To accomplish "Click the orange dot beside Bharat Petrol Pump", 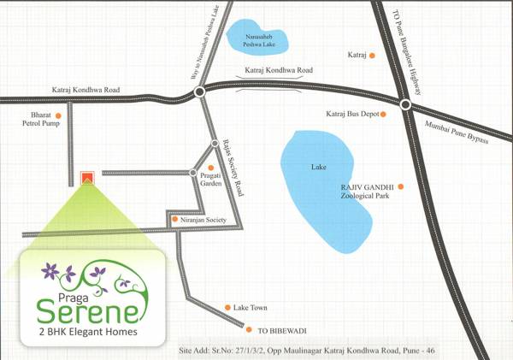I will click(58, 115).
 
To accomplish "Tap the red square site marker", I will click(86, 178).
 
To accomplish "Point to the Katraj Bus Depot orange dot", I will click(384, 114).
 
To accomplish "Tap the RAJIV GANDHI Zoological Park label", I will click(366, 191).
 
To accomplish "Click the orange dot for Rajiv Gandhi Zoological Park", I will click(399, 186).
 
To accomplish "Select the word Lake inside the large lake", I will click(319, 168).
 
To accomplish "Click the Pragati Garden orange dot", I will click(210, 167).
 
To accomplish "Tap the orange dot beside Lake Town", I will click(227, 307).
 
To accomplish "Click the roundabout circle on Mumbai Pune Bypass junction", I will click(406, 105).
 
